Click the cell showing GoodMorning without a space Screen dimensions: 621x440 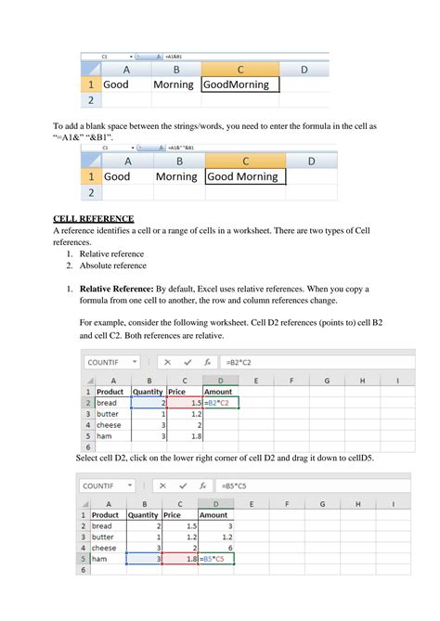click(x=238, y=84)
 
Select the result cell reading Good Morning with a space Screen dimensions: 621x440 click(x=243, y=176)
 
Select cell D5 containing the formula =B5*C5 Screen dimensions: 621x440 click(x=215, y=559)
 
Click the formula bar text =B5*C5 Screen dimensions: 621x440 click(x=236, y=485)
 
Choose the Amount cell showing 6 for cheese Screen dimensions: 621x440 click(x=214, y=548)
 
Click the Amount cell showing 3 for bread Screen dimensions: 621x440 click(x=214, y=525)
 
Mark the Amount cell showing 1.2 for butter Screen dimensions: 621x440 click(x=214, y=537)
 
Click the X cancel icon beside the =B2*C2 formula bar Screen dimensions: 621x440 click(x=168, y=361)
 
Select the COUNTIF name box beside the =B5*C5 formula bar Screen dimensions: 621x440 click(x=100, y=485)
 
